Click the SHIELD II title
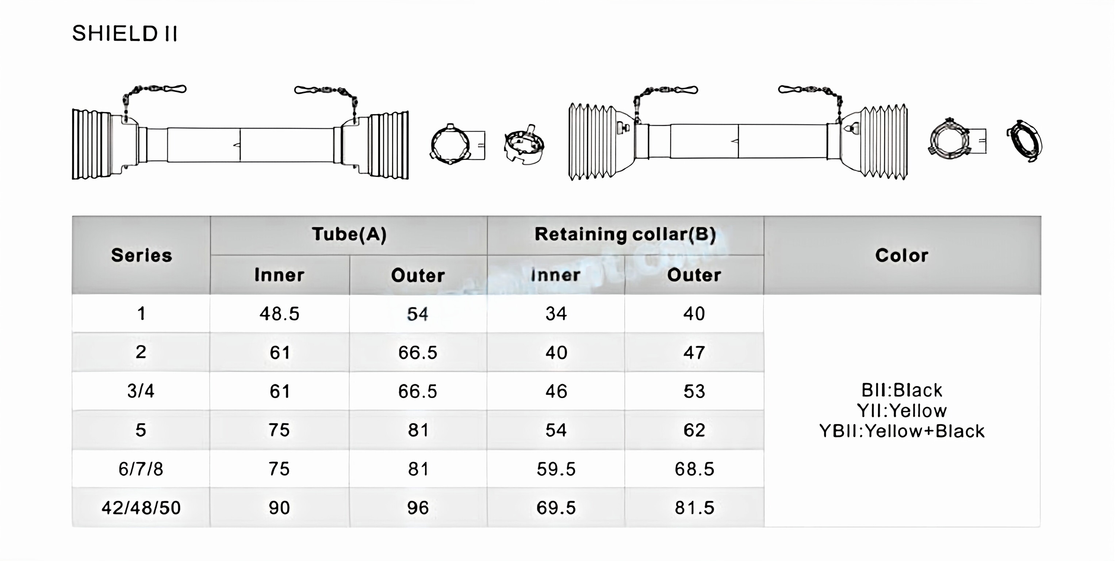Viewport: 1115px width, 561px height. [124, 34]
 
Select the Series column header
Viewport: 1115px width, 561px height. [142, 255]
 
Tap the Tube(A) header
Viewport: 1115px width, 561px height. [349, 234]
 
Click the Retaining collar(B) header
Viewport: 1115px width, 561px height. [625, 234]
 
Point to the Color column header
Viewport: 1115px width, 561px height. [902, 255]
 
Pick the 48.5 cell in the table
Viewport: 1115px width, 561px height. [280, 314]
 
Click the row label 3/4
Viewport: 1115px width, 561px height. [141, 391]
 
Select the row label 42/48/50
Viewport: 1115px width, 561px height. [141, 508]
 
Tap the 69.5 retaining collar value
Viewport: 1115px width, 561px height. [556, 508]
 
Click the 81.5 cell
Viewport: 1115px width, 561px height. [694, 508]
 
